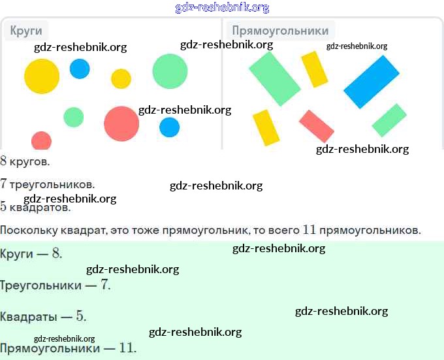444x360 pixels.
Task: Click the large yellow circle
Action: click(x=42, y=76)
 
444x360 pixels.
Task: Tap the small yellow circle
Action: click(x=121, y=79)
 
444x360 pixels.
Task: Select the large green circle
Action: click(x=170, y=71)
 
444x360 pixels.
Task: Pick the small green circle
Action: click(x=74, y=117)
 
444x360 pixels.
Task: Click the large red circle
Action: click(x=121, y=123)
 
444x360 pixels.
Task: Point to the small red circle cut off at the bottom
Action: click(x=41, y=140)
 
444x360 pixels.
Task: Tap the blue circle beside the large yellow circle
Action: click(x=80, y=69)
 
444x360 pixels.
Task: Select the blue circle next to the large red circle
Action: click(x=169, y=127)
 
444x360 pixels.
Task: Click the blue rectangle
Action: click(x=372, y=82)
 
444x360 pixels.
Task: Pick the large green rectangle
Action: click(x=275, y=79)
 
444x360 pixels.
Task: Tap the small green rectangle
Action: click(x=389, y=120)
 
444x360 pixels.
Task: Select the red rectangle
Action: click(x=317, y=126)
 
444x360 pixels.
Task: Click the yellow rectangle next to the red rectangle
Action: click(x=266, y=128)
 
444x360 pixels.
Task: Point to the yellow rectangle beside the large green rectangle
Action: click(x=314, y=69)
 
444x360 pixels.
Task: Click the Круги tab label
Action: click(x=26, y=31)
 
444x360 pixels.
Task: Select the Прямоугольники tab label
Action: click(x=280, y=31)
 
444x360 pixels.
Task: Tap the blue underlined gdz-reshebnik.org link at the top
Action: click(x=222, y=7)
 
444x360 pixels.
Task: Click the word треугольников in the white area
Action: click(x=52, y=185)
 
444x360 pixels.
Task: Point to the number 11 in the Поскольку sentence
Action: click(x=309, y=230)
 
